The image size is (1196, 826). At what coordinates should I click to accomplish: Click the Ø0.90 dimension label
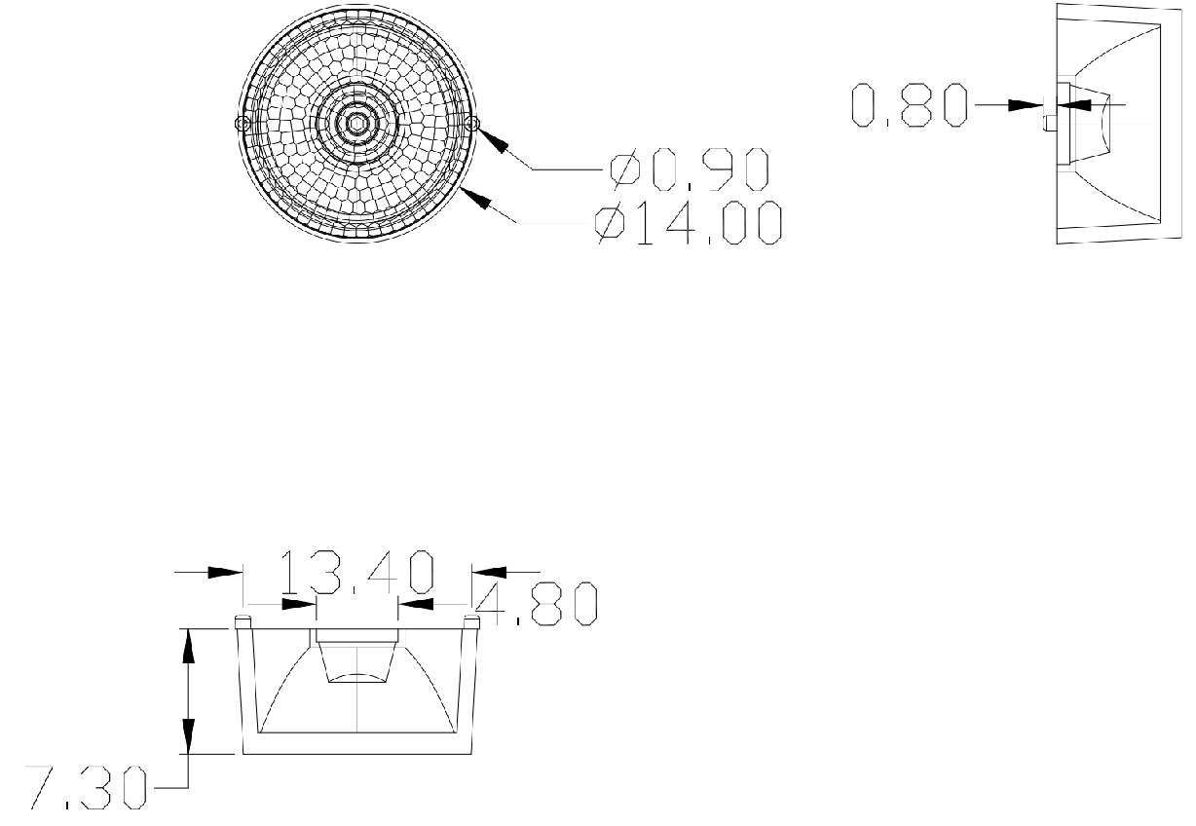690,169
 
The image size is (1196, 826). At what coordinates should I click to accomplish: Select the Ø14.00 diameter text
689,223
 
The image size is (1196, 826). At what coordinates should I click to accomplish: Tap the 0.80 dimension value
909,105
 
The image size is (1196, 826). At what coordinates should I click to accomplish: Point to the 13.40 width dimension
356,573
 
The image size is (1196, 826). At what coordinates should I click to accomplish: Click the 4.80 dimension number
536,604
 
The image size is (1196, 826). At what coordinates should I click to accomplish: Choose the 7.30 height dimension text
86,788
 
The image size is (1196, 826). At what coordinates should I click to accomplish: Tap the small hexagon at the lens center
356,124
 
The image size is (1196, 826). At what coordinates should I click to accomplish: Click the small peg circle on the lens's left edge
243,124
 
